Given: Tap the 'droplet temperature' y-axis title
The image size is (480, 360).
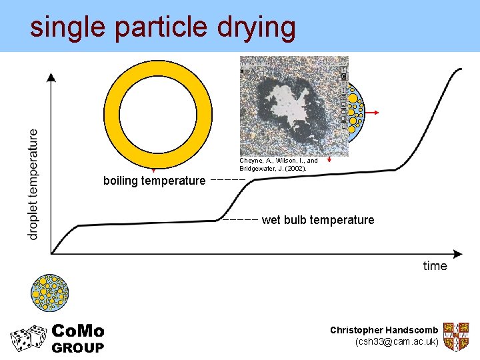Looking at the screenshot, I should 33,184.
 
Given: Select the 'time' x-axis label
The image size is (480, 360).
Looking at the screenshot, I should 435,266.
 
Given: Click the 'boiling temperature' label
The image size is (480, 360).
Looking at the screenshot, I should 154,181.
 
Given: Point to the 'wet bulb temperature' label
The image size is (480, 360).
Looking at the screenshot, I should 318,220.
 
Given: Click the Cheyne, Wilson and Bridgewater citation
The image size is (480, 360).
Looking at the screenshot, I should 279,165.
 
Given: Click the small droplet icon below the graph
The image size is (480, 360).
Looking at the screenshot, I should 51,293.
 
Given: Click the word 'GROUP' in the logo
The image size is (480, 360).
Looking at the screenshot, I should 78,347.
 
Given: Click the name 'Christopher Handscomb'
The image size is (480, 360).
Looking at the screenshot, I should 384,330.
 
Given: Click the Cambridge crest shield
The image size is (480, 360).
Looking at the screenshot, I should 456,337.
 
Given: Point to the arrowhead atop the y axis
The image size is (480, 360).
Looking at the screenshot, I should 51,76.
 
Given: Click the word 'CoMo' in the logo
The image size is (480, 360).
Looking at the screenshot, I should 78,331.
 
